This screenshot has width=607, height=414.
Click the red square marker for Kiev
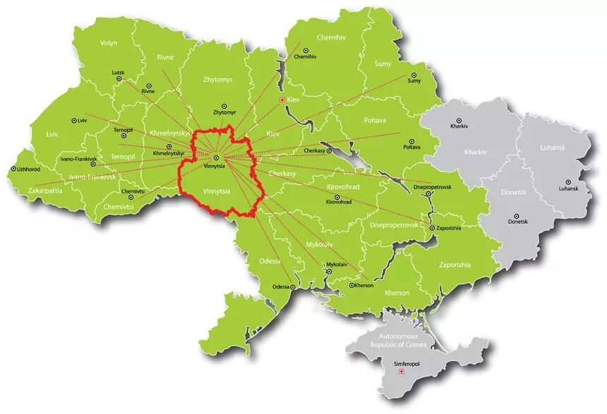click(x=283, y=100)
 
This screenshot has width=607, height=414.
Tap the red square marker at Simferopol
click(x=402, y=373)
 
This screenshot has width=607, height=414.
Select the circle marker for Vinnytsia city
click(x=216, y=157)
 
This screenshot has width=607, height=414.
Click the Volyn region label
click(x=109, y=43)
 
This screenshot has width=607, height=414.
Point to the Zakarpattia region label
click(x=45, y=190)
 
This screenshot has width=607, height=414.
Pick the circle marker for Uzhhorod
click(x=14, y=169)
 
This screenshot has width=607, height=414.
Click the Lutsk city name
click(x=117, y=73)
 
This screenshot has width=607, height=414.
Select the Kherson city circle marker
click(x=351, y=286)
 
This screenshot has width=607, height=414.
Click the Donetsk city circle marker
click(x=517, y=216)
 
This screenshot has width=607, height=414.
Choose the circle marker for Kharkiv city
click(x=458, y=121)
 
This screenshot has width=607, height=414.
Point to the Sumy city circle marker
click(x=414, y=75)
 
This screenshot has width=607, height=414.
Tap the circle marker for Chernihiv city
click(x=306, y=51)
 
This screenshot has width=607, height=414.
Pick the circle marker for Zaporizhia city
click(x=433, y=227)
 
